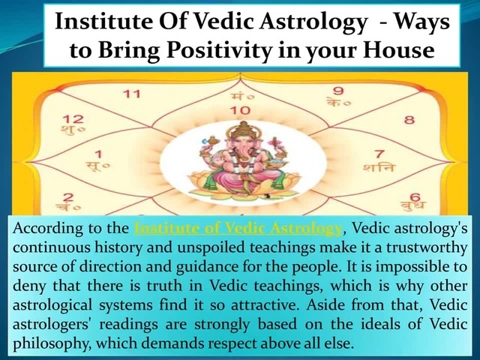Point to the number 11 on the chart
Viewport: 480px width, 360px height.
click(x=132, y=94)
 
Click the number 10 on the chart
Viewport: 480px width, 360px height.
click(x=240, y=110)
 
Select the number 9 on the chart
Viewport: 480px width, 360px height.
click(x=338, y=92)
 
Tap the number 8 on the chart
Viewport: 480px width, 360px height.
click(x=409, y=119)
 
